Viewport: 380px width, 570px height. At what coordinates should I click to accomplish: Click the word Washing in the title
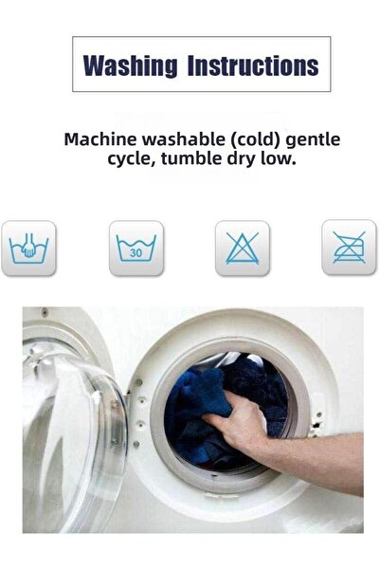[x=130, y=65]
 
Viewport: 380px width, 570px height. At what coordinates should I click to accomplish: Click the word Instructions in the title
[x=253, y=65]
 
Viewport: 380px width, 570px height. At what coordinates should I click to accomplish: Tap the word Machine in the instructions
[x=100, y=139]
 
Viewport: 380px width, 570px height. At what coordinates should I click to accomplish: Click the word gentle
[x=313, y=140]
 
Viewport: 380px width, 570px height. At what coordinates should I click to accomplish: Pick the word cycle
[x=132, y=159]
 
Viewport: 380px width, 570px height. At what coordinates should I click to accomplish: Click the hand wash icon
[x=28, y=248]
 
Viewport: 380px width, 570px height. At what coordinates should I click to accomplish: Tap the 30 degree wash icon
[x=136, y=248]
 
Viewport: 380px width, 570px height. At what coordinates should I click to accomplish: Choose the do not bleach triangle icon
[x=243, y=248]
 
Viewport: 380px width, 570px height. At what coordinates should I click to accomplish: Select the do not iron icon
[x=349, y=248]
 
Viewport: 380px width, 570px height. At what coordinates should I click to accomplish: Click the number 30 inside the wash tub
[x=136, y=252]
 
